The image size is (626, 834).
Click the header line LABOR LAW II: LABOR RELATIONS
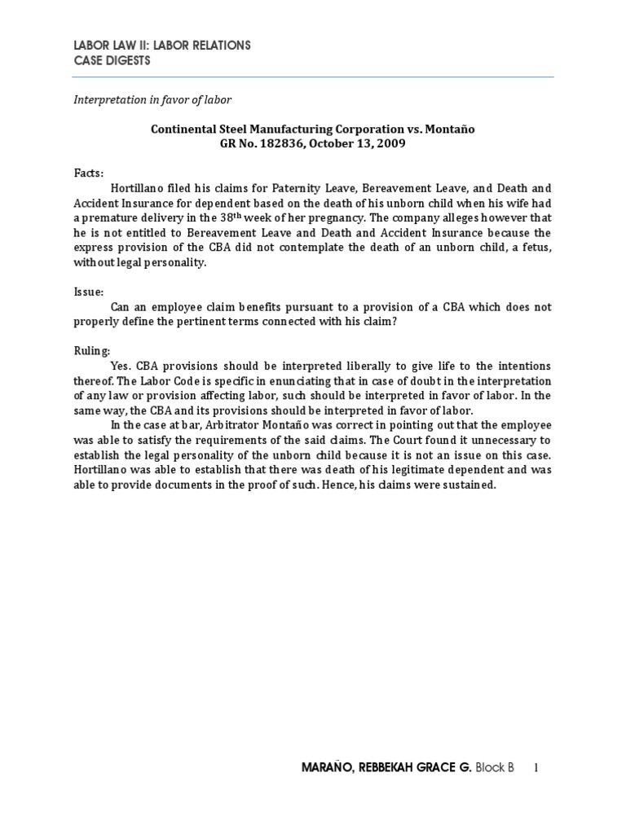162,46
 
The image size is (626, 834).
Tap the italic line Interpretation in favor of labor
152,99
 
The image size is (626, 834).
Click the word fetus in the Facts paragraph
531,247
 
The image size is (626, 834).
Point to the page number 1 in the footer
536,768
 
